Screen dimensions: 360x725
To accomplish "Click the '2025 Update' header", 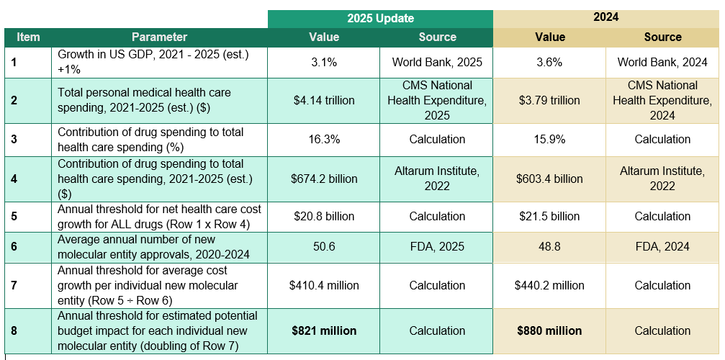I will click(x=380, y=19).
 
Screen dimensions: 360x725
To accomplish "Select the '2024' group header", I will click(x=606, y=17).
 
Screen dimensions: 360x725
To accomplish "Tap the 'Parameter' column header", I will click(x=159, y=37).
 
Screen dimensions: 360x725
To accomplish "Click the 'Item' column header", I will click(x=28, y=37).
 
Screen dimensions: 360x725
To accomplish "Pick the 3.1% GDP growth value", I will click(x=324, y=62).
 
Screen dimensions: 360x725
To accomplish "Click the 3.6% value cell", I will click(x=549, y=62).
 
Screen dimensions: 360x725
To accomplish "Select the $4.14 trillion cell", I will click(x=324, y=100).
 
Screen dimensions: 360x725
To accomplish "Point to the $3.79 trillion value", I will click(x=549, y=100).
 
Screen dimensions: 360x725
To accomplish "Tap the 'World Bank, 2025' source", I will click(x=437, y=62).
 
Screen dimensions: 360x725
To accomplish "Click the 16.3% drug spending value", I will click(x=324, y=139).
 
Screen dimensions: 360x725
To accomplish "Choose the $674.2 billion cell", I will click(x=324, y=179).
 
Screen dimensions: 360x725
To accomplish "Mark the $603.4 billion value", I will click(x=549, y=179).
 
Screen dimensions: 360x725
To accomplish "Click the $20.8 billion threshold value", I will click(x=324, y=216).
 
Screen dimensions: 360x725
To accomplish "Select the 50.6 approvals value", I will click(x=324, y=246).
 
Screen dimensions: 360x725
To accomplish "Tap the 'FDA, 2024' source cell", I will click(x=662, y=246).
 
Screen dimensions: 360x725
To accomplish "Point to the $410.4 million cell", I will click(x=324, y=285).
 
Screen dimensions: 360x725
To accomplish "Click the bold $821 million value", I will click(x=324, y=330).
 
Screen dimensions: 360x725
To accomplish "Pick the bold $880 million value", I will click(x=549, y=330).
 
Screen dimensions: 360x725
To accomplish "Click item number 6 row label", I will click(x=14, y=246).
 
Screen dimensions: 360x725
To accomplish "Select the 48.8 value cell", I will click(x=549, y=246).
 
